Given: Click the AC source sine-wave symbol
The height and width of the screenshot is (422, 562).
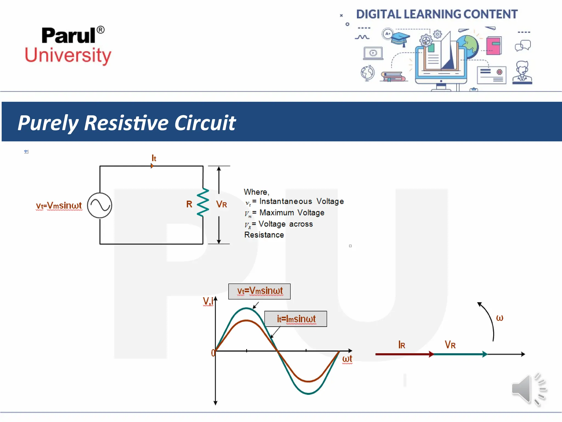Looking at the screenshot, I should click(100, 205).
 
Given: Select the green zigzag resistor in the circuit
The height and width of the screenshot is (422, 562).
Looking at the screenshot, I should click(203, 202).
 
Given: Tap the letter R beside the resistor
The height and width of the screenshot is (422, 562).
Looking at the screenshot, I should click(189, 204).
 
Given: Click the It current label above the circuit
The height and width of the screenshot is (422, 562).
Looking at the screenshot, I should click(154, 158).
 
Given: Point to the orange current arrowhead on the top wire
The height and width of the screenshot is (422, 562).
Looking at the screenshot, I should click(152, 166).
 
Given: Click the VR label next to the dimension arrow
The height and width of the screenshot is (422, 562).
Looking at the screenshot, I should click(221, 204).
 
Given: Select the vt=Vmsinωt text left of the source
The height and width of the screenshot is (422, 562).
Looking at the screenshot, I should click(59, 206).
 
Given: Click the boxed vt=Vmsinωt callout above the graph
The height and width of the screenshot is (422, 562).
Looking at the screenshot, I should click(259, 291).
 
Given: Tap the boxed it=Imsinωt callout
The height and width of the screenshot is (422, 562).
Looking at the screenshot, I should click(296, 319).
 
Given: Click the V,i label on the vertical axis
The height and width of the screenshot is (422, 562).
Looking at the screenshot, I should click(208, 301).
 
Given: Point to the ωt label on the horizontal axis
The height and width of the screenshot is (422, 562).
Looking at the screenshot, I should click(347, 359).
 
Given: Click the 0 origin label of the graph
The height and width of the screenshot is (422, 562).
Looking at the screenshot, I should click(213, 353).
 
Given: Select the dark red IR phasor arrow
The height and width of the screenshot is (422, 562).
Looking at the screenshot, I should click(403, 354).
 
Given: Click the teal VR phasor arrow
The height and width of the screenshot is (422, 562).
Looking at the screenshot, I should click(460, 354).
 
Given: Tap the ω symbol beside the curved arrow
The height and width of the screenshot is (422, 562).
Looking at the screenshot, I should click(499, 318).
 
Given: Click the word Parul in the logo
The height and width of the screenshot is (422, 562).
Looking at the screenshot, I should click(69, 36).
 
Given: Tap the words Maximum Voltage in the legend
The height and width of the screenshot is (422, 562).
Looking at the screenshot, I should click(292, 213).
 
